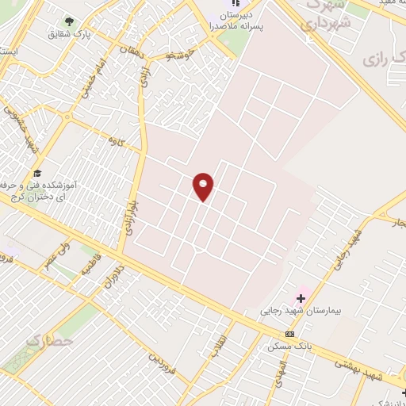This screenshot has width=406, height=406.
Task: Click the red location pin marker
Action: pos(204,186)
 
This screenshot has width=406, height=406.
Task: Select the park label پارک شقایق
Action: pos(68,35)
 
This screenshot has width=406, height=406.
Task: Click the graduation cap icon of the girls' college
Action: pos(36,173)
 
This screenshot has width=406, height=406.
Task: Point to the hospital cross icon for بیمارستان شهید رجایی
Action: pos(301,297)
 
